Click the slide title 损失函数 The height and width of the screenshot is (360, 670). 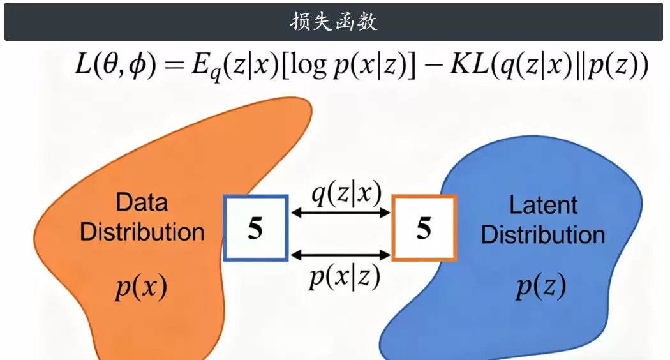tap(334, 21)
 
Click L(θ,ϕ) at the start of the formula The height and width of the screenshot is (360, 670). tap(115, 65)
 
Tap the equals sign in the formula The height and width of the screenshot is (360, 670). tap(174, 65)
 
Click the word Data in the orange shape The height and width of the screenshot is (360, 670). tap(142, 202)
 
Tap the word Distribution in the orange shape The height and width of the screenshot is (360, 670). tap(142, 232)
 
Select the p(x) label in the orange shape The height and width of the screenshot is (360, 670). tap(142, 287)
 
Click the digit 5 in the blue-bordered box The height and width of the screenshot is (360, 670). tap(255, 228)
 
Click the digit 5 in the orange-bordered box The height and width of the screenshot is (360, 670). tap(424, 228)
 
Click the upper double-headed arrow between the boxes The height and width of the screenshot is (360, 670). tap(341, 213)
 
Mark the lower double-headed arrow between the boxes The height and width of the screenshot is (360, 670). tap(341, 255)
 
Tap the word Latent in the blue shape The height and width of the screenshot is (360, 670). tap(543, 206)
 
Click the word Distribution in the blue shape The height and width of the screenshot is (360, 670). tap(543, 235)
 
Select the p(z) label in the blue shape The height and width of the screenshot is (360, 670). tap(541, 287)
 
